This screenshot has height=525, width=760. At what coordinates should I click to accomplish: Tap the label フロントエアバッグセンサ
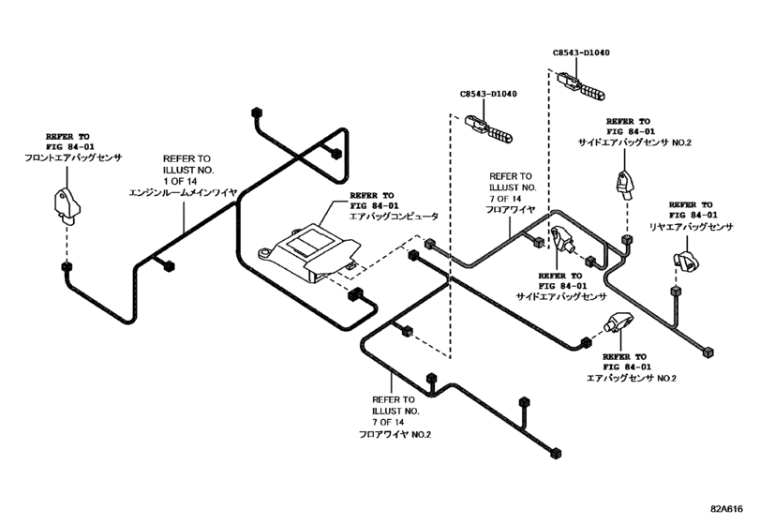pyautogui.click(x=74, y=159)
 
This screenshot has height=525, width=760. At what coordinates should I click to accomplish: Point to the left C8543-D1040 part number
pyautogui.click(x=489, y=95)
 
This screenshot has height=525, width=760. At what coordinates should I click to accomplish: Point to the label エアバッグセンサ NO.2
pyautogui.click(x=631, y=378)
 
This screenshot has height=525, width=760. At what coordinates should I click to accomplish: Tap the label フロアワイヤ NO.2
pyautogui.click(x=395, y=435)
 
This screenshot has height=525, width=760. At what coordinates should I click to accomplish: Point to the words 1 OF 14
pyautogui.click(x=185, y=180)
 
